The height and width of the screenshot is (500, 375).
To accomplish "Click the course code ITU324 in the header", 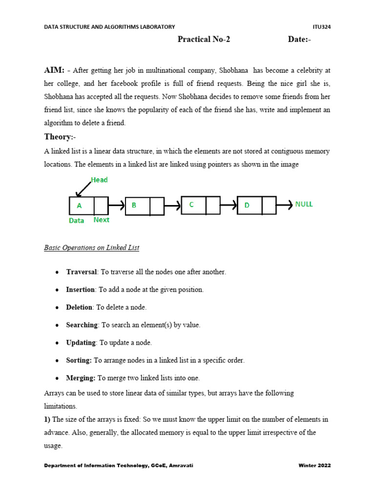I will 321,27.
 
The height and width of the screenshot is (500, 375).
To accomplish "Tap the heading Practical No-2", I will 204,40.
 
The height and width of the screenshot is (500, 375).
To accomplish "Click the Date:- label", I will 299,40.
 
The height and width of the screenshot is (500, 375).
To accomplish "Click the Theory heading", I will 58,137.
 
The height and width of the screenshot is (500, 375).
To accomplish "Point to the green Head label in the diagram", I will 99,180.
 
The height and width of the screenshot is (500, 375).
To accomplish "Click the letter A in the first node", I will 79,206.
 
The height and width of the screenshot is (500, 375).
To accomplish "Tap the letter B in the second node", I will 134,206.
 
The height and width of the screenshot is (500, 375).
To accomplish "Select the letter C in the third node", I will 191,205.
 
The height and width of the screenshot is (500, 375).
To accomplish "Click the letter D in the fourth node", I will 247,206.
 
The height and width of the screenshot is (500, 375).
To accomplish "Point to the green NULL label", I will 304,204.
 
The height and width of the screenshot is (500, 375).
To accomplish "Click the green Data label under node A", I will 76,221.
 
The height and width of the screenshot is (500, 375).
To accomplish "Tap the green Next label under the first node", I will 102,220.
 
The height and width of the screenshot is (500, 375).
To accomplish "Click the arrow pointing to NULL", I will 285,205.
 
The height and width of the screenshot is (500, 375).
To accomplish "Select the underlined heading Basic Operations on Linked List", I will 91,248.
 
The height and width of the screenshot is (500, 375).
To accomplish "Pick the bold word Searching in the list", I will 82,325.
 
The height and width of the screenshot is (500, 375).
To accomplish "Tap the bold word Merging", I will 81,377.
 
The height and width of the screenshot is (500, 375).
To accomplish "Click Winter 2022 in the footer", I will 314,465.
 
